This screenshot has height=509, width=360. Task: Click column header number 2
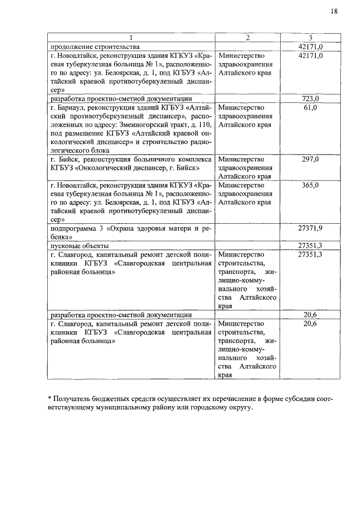(x=247, y=38)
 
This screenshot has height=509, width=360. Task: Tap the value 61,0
(x=310, y=107)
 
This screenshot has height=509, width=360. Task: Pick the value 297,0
(x=310, y=160)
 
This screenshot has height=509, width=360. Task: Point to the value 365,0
(x=310, y=185)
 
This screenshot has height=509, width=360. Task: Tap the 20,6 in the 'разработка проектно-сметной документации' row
(x=310, y=315)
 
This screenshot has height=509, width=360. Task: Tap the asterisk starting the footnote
(x=50, y=398)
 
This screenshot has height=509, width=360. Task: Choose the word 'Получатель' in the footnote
(x=74, y=399)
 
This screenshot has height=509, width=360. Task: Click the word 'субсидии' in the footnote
(x=289, y=399)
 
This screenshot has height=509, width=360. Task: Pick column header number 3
(x=310, y=38)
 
